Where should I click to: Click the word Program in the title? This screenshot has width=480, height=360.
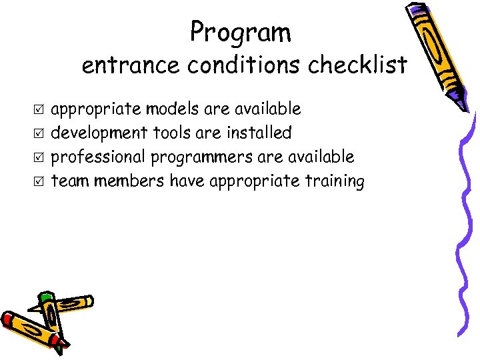coord(240,31)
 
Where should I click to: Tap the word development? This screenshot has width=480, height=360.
coord(100,133)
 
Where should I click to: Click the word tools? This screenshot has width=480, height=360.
coord(171,133)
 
